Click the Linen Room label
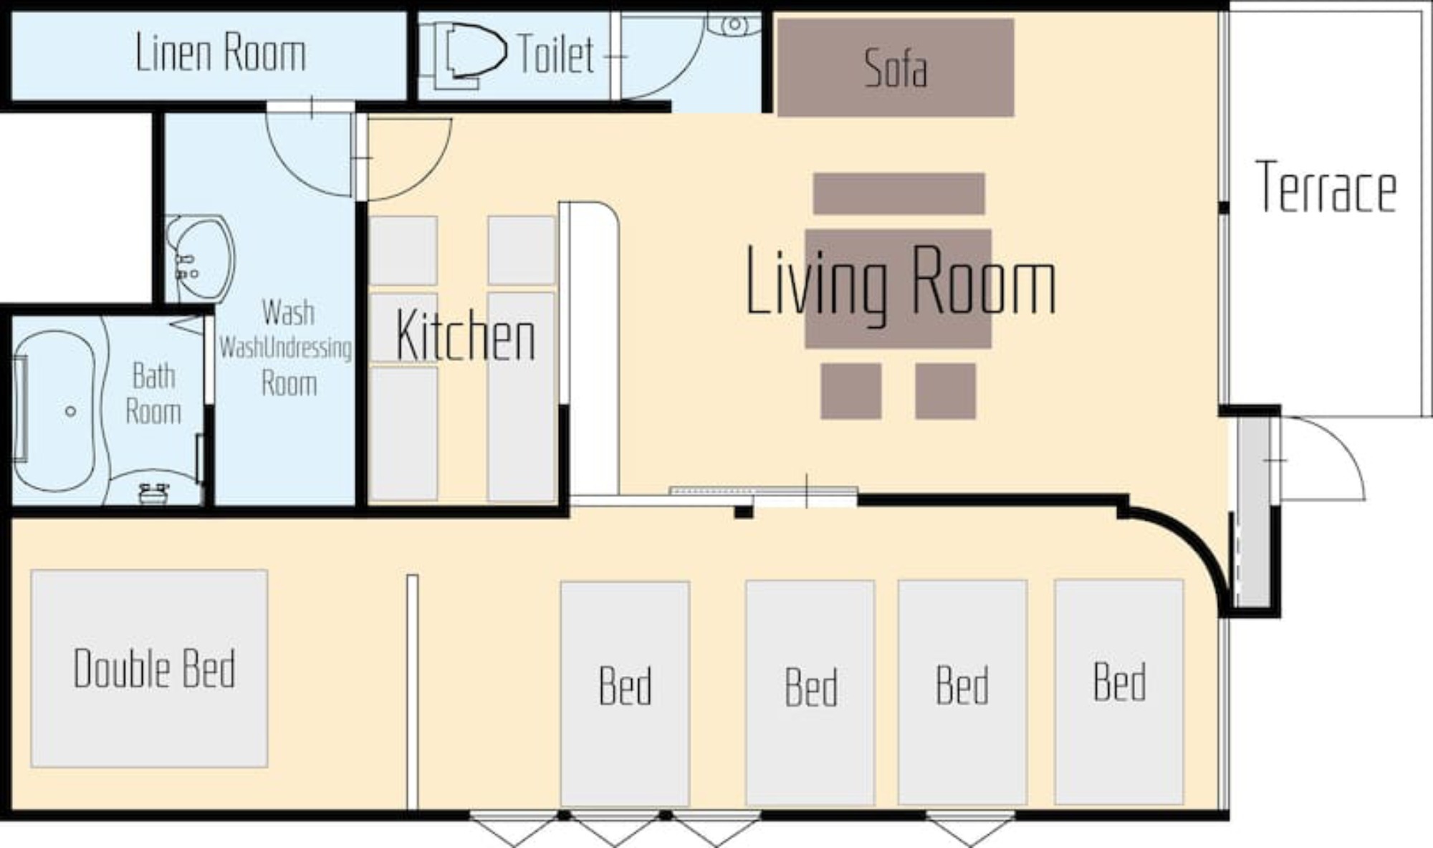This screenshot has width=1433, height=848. pyautogui.click(x=221, y=53)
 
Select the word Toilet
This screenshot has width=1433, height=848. pyautogui.click(x=555, y=54)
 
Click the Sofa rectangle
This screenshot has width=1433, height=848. pyautogui.click(x=896, y=67)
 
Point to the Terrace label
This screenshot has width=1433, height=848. pyautogui.click(x=1326, y=188)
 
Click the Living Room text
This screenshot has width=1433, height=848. pyautogui.click(x=901, y=281)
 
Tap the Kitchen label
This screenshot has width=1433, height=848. pyautogui.click(x=465, y=336)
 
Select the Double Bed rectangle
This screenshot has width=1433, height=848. pyautogui.click(x=149, y=668)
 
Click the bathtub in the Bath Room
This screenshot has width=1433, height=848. pyautogui.click(x=54, y=412)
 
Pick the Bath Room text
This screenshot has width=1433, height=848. pyautogui.click(x=153, y=394)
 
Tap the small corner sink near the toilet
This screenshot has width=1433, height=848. pyautogui.click(x=734, y=24)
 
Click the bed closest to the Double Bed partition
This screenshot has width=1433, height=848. pyautogui.click(x=625, y=693)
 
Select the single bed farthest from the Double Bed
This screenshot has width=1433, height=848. pyautogui.click(x=1118, y=692)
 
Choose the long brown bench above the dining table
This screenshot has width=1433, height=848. pyautogui.click(x=898, y=193)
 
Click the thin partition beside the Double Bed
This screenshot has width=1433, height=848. pyautogui.click(x=412, y=692)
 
